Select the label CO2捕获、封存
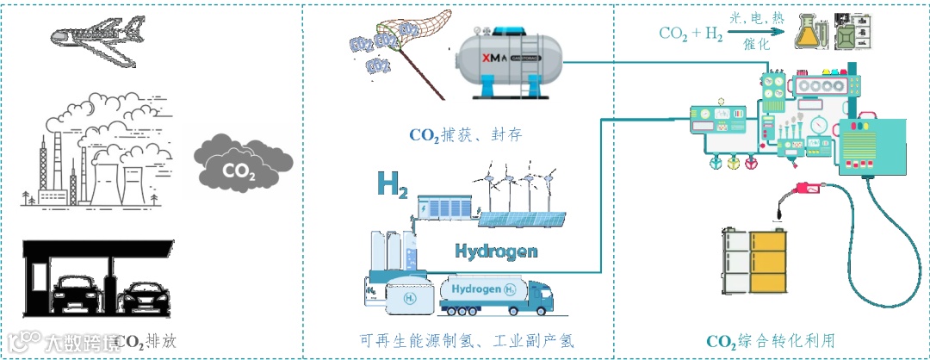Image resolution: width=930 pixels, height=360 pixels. [x=466, y=135]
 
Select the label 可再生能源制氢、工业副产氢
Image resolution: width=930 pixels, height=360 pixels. [x=465, y=341]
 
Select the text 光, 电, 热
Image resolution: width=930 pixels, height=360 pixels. [x=755, y=18]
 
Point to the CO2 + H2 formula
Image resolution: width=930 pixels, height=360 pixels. [x=690, y=33]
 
